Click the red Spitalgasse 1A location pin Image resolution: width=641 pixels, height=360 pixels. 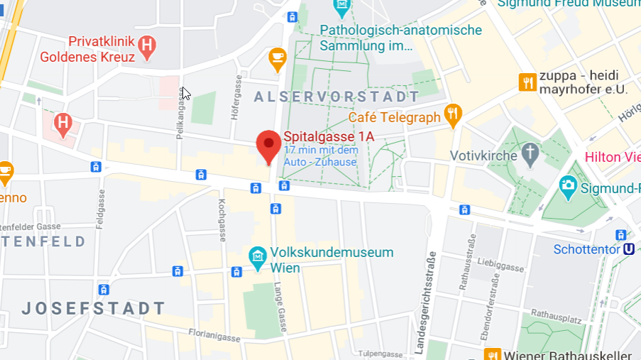(268, 146)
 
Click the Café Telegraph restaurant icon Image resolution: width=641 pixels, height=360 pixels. (453, 114)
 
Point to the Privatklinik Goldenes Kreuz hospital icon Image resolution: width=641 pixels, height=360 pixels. (147, 47)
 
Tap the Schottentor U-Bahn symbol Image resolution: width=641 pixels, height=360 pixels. (628, 249)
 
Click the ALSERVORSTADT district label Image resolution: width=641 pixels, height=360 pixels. (336, 97)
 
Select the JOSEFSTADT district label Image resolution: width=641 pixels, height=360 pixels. (93, 308)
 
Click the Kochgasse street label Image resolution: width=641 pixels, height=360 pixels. (221, 218)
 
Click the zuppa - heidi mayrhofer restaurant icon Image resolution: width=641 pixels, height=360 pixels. (527, 82)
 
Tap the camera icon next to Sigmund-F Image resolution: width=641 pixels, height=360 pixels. (567, 185)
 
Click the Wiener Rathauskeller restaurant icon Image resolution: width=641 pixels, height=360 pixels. (491, 354)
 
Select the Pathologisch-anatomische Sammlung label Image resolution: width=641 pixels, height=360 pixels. (400, 38)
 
